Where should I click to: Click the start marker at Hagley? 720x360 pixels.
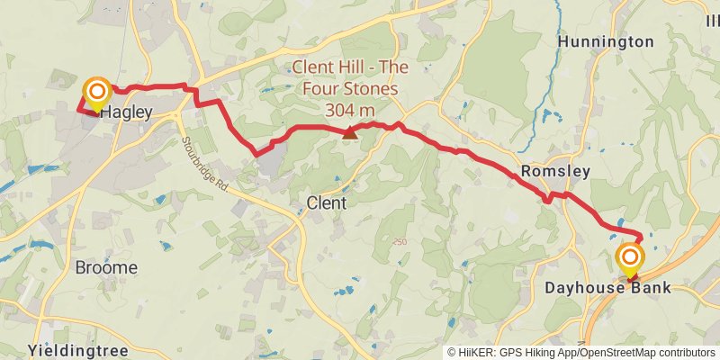click(x=96, y=92)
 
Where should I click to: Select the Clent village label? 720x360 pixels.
click(x=326, y=203)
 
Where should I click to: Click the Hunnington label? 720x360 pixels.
click(x=606, y=41)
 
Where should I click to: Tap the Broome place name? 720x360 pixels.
click(x=106, y=268)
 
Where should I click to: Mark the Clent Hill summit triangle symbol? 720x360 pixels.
click(x=349, y=134)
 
